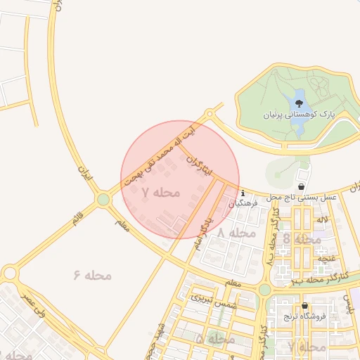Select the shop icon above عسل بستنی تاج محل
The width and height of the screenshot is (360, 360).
pos(302,187)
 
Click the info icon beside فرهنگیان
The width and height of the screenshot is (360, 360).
pos(242,193)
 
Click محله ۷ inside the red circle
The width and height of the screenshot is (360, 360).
pos(161,192)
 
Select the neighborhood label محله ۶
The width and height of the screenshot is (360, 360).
pos(92,275)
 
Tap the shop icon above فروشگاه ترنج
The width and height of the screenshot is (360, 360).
pos(304,306)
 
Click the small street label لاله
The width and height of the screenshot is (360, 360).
pos(322,220)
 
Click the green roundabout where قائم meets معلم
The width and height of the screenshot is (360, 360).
pos(104,200)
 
